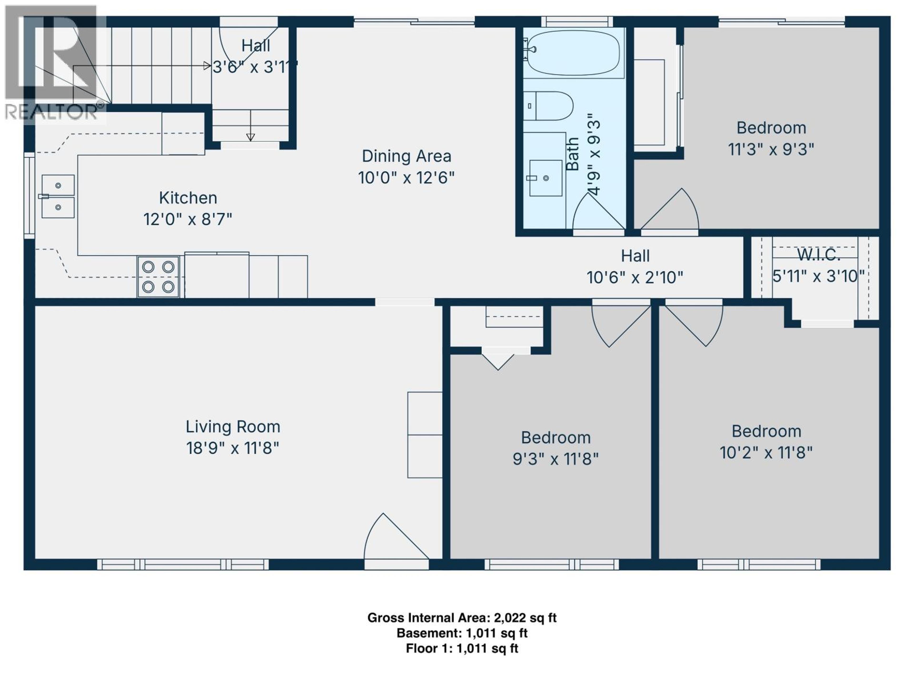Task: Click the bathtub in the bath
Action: coord(574,53)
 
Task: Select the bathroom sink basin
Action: coord(546,178)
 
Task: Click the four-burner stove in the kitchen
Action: coord(158,277)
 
